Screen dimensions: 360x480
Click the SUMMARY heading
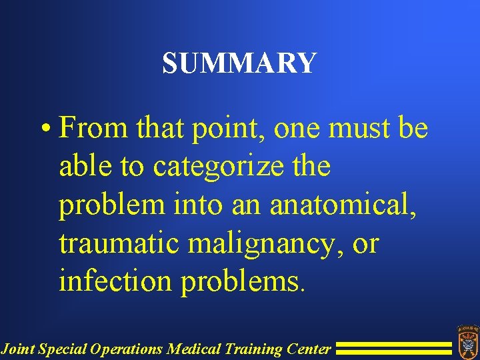point(239,63)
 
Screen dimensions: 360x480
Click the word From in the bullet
point(93,127)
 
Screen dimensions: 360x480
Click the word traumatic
point(119,243)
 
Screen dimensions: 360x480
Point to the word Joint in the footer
point(17,348)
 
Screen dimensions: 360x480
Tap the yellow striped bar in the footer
point(393,347)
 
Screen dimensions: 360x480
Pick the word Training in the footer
point(249,348)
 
